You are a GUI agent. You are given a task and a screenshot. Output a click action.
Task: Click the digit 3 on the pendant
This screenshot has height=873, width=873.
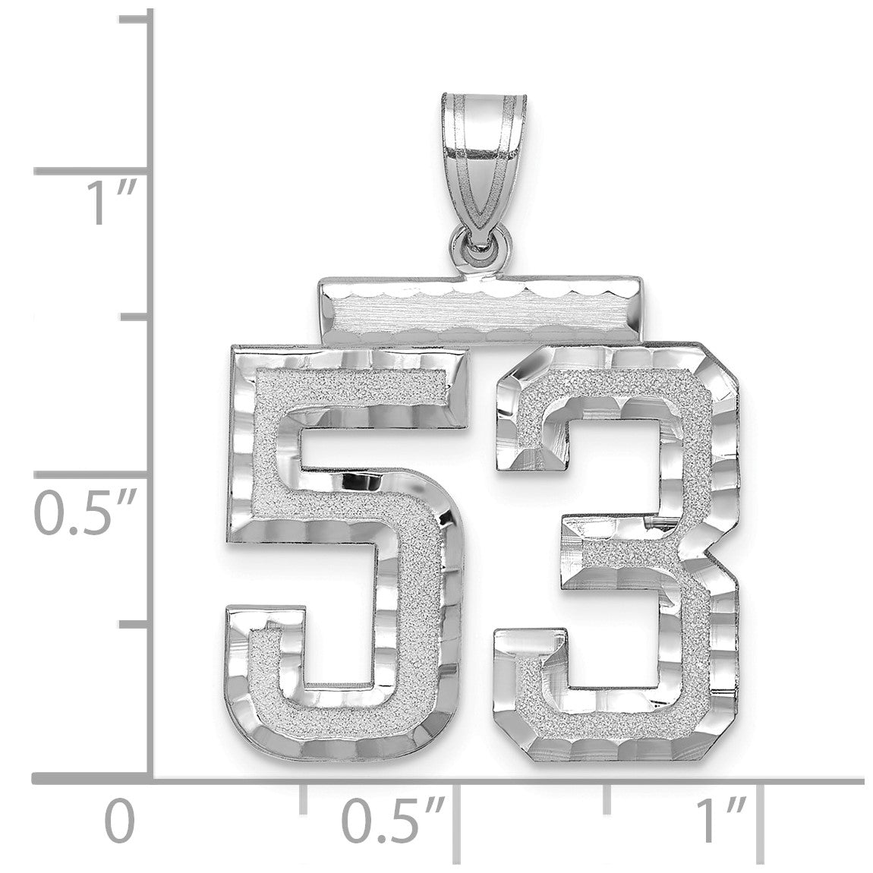[696, 556]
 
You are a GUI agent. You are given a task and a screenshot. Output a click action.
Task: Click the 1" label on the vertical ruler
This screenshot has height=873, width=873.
[109, 204]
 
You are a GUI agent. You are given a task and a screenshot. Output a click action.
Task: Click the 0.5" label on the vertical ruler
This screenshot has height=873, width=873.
[87, 514]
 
